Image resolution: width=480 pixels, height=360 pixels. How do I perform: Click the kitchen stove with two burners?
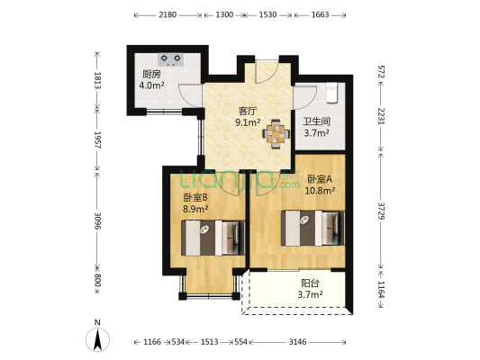click(x=171, y=59)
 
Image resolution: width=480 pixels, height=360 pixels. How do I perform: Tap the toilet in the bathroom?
click(x=331, y=93)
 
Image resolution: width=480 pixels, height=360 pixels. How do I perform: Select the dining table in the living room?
click(x=276, y=134)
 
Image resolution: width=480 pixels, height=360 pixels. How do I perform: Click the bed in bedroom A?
click(x=312, y=228)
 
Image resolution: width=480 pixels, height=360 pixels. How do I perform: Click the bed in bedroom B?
click(x=213, y=238)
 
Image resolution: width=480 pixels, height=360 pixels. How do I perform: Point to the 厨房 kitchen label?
click(x=151, y=75)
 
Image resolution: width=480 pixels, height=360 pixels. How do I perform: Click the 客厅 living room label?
click(x=248, y=111)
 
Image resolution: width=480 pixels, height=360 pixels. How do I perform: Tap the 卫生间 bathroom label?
click(x=316, y=121)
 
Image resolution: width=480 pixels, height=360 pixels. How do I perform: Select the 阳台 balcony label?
click(x=310, y=283)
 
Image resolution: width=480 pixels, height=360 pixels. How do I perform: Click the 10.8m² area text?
click(x=320, y=191)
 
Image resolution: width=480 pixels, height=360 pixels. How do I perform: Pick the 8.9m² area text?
click(x=195, y=209)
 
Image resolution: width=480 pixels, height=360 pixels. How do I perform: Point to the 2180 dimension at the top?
click(x=168, y=14)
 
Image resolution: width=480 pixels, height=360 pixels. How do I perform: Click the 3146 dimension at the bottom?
click(x=297, y=342)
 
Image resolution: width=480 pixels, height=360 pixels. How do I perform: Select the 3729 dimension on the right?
click(x=381, y=211)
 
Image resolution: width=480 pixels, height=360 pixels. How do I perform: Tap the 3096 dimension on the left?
click(x=97, y=220)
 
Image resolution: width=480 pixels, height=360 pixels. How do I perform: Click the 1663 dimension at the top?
click(x=321, y=14)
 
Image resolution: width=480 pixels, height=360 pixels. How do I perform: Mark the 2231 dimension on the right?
click(x=381, y=116)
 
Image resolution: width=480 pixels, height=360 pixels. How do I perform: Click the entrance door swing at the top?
click(x=267, y=72)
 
